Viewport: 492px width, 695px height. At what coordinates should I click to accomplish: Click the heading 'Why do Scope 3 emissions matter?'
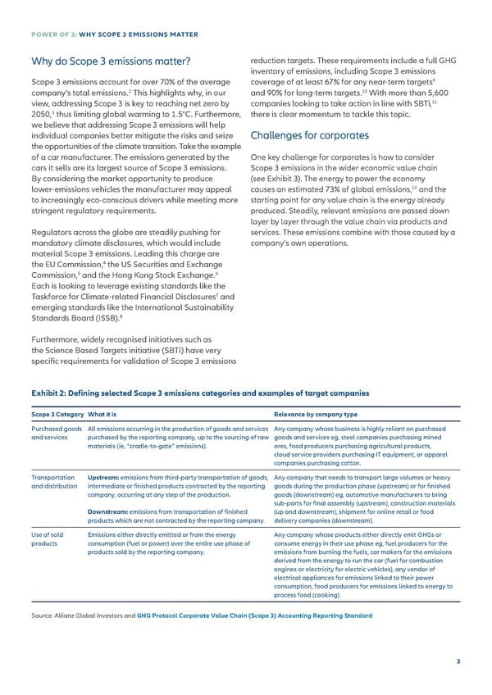pyautogui.click(x=110, y=61)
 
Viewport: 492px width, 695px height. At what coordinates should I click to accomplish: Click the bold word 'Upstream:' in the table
pyautogui.click(x=104, y=477)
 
